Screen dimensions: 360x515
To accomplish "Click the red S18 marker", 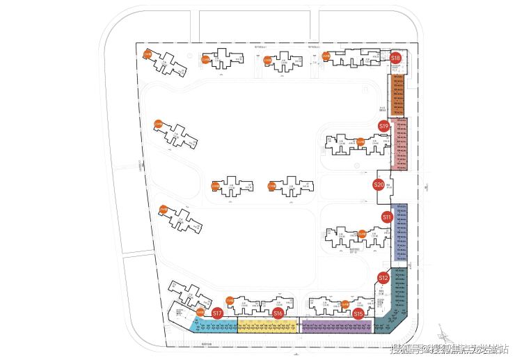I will (395, 58).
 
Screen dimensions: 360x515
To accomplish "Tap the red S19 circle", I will (383, 126).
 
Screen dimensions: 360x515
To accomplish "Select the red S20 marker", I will (379, 185).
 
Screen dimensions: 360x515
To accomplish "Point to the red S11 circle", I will (387, 217).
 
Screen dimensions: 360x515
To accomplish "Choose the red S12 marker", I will (383, 278).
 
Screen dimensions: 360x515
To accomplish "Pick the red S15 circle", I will (358, 314).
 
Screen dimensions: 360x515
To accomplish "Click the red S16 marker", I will (278, 314).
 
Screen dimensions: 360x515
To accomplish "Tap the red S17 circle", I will (217, 314).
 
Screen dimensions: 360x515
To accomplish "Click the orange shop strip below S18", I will (399, 94).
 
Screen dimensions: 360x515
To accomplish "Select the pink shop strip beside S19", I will (399, 144).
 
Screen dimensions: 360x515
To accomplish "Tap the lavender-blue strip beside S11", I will (400, 233).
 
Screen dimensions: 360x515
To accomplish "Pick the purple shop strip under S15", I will (335, 326).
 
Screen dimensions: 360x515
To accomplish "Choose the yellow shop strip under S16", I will (267, 326).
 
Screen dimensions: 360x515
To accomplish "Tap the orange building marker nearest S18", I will (326, 56).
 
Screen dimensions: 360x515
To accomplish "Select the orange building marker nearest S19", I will (360, 142).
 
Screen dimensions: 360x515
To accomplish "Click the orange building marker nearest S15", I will (344, 304).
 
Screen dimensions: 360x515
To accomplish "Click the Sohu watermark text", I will (450, 348).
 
